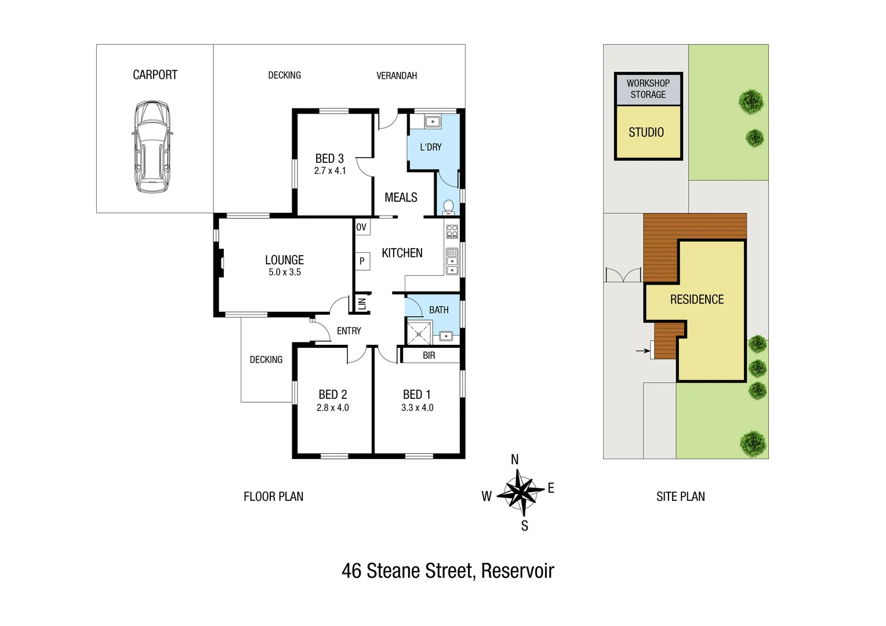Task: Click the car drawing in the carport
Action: (x=152, y=147)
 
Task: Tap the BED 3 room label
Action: (x=329, y=158)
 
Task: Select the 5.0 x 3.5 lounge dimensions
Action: (x=284, y=272)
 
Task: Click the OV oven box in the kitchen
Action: (x=361, y=227)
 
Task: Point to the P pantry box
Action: (x=362, y=261)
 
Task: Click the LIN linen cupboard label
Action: (x=362, y=303)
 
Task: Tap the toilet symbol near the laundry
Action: (x=448, y=206)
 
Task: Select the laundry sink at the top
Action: (x=433, y=122)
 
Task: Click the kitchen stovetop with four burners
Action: (x=452, y=232)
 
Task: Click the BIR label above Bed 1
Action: (x=429, y=355)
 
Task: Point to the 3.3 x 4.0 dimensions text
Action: (x=417, y=408)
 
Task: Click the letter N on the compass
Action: (x=514, y=460)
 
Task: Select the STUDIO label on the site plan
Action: (x=646, y=132)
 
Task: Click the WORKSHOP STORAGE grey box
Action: (x=648, y=89)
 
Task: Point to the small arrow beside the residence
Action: (x=642, y=351)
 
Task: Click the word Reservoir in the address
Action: (x=517, y=571)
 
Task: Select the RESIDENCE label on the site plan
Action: (x=697, y=300)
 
